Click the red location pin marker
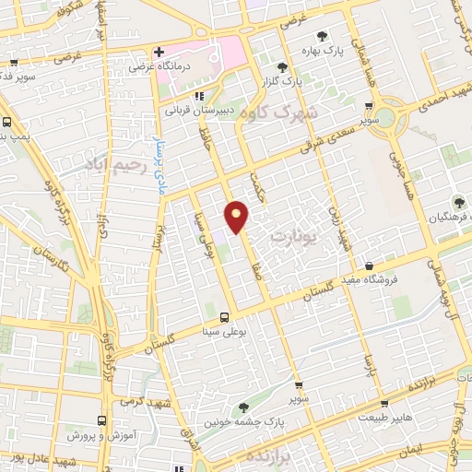tap(237, 216)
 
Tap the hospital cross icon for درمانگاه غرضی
tap(159, 52)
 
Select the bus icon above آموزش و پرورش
tap(104, 416)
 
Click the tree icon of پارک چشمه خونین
tap(243, 407)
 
